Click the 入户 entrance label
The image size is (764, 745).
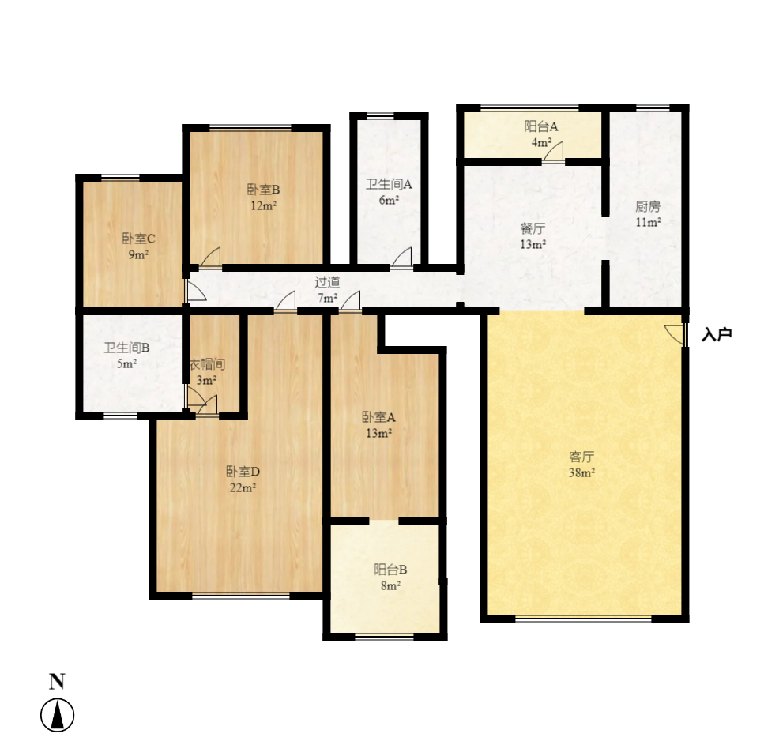click(x=717, y=334)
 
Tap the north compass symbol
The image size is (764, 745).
click(x=57, y=716)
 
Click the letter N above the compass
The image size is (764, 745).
click(x=57, y=682)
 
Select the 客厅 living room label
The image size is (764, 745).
click(x=581, y=457)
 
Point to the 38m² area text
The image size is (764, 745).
click(x=581, y=472)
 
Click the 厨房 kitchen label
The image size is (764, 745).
click(x=648, y=207)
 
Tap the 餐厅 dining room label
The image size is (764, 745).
click(x=533, y=229)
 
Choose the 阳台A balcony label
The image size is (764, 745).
click(x=541, y=126)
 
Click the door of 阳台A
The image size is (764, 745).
click(x=554, y=152)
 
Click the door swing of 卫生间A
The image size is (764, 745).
click(x=402, y=258)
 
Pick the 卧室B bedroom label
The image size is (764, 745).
click(x=264, y=190)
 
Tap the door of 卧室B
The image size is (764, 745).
click(x=210, y=258)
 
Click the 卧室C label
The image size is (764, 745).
click(x=138, y=239)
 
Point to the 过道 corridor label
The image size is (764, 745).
click(x=327, y=282)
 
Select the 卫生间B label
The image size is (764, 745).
click(x=126, y=347)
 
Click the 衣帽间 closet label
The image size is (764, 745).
click(x=208, y=365)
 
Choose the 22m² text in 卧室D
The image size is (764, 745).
click(x=243, y=487)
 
